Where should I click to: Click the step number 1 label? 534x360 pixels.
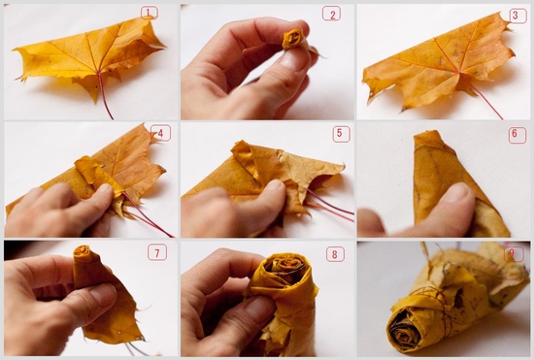tap(150, 13)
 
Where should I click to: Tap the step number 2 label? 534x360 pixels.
tap(331, 14)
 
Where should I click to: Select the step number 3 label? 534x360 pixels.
tap(517, 16)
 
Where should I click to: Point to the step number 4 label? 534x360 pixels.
tap(160, 133)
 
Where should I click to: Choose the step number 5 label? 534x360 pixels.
tap(341, 134)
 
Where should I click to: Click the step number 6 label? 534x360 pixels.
tap(517, 135)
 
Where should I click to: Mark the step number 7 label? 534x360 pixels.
tap(157, 252)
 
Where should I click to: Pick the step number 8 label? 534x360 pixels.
tap(335, 254)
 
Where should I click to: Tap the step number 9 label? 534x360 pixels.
tap(514, 253)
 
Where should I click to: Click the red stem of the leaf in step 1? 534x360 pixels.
tap(105, 95)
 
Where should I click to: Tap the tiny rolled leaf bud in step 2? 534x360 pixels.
tap(292, 39)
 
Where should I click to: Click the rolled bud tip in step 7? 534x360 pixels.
tap(83, 251)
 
